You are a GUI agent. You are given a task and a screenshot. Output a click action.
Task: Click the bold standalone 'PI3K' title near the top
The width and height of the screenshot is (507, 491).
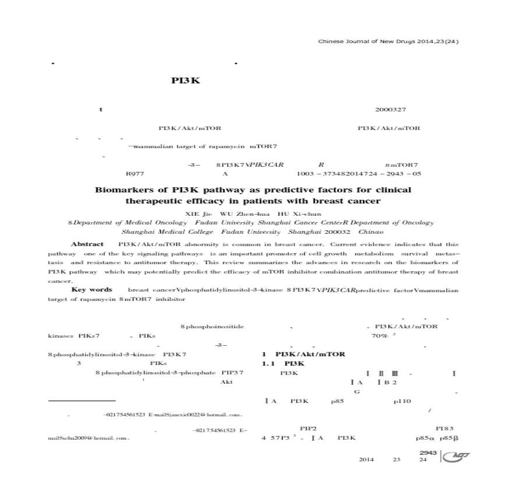pos(186,81)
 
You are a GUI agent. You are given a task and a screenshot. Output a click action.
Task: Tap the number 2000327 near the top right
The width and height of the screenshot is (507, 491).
pos(390,110)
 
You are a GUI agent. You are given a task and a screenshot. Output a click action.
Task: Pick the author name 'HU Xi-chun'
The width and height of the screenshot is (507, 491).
pos(300,213)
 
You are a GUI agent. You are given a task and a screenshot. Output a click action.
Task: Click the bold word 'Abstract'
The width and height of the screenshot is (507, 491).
pos(87,244)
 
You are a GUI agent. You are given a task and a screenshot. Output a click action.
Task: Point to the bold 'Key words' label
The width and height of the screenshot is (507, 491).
pos(91,290)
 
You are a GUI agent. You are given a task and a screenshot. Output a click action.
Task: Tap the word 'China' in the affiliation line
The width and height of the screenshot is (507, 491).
pos(371,232)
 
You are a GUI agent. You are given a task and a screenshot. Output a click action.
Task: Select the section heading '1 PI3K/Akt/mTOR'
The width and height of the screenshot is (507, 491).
pos(304,354)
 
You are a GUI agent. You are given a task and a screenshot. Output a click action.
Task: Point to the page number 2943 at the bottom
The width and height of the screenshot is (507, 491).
pos(428,453)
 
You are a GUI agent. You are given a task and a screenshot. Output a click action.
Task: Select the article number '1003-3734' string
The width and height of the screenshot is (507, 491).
pos(320,173)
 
